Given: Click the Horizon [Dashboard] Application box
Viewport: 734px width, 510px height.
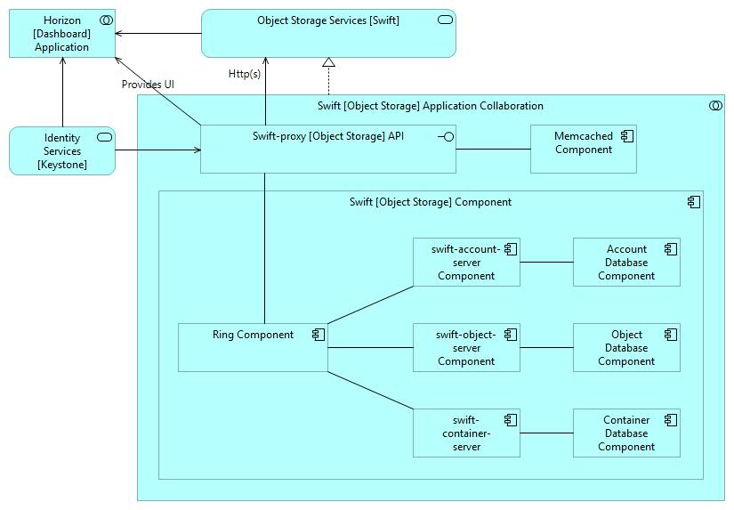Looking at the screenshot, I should [62, 34].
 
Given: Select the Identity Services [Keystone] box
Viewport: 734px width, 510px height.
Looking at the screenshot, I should [62, 150].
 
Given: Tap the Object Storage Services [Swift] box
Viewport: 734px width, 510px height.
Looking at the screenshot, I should [328, 34].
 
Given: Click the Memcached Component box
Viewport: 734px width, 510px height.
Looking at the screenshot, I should [583, 149].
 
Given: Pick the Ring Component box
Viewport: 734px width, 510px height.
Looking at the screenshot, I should [253, 347].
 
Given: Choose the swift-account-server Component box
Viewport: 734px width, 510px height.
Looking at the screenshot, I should [466, 262].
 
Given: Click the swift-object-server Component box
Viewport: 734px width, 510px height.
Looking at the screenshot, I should [466, 347].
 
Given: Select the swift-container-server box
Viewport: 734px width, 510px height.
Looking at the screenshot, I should [466, 433].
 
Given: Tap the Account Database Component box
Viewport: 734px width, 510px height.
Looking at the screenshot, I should [626, 262].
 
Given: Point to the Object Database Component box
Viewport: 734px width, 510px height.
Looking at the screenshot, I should [626, 347].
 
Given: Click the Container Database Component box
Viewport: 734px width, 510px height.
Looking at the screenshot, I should [626, 433].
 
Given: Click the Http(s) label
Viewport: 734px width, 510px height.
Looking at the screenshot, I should [245, 74].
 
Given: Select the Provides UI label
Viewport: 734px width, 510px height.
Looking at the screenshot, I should [148, 85].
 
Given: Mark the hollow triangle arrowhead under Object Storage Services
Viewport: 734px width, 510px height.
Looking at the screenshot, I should [328, 62].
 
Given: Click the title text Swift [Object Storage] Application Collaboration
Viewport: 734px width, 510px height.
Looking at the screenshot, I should [430, 106].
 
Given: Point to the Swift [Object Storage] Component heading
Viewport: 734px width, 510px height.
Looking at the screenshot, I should [430, 202].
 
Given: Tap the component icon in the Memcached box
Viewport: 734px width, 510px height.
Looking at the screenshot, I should [627, 135].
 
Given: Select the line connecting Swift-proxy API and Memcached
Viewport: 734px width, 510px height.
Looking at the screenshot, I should [493, 149].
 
